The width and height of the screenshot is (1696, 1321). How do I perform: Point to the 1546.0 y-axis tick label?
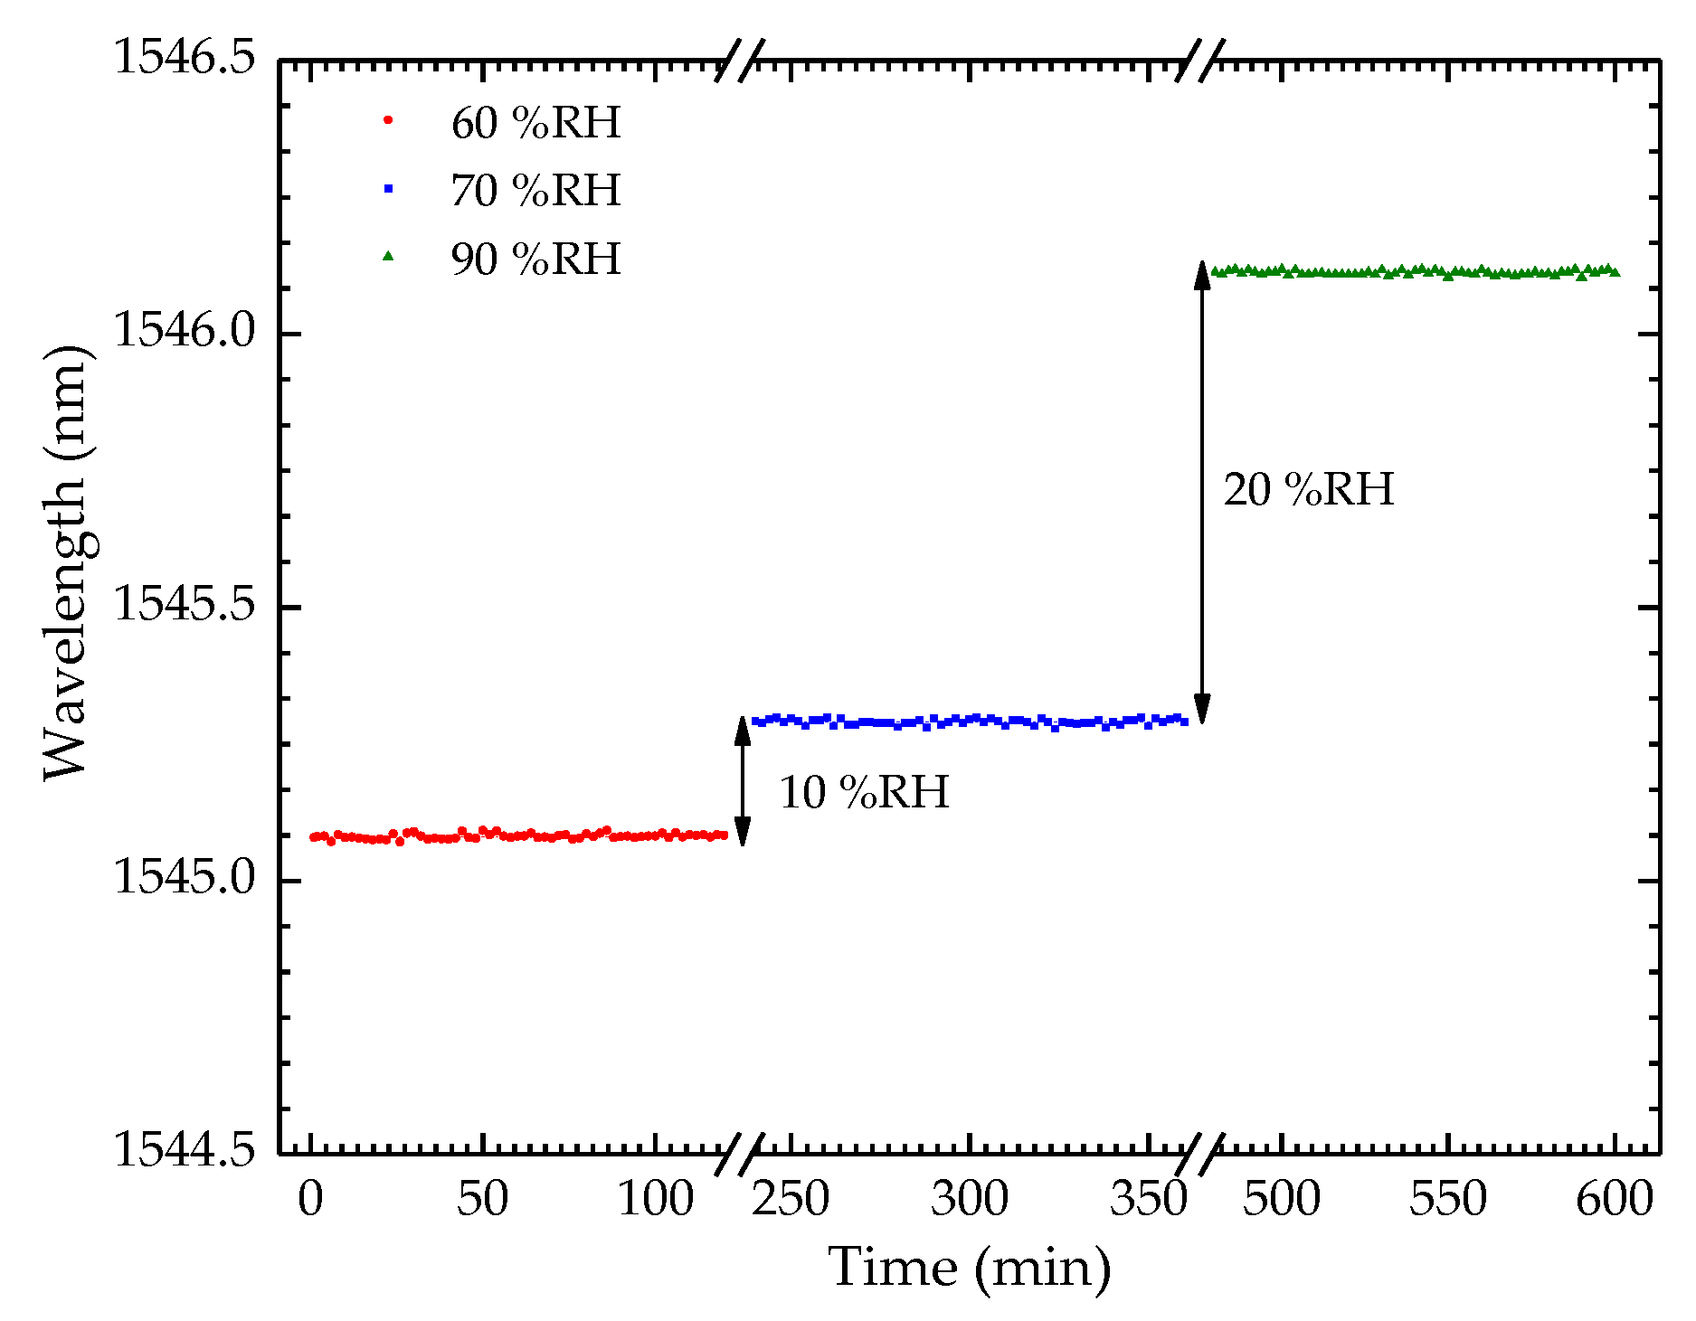185,332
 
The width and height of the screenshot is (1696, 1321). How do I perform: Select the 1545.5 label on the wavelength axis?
185,605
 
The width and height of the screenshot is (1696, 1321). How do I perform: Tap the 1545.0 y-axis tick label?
185,879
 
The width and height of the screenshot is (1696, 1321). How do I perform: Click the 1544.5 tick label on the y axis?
185,1151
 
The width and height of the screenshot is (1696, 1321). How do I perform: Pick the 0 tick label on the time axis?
310,1200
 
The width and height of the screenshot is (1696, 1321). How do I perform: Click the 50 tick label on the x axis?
482,1200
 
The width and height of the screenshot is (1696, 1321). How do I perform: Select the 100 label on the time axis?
655,1200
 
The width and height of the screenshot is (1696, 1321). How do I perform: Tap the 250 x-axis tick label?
791,1200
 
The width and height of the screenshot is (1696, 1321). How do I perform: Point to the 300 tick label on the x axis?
969,1200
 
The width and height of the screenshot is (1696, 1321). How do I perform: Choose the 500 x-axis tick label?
1281,1200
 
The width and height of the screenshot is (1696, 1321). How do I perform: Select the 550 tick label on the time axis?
1447,1200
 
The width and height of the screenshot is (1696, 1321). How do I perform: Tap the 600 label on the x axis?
1615,1200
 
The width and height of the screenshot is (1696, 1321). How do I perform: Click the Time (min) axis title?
969,1268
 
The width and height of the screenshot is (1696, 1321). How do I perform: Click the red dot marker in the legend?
388,120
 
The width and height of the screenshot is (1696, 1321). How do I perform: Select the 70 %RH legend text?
535,191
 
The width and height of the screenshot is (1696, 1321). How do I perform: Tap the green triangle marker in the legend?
388,257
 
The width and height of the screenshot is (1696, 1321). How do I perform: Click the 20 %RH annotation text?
1308,490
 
